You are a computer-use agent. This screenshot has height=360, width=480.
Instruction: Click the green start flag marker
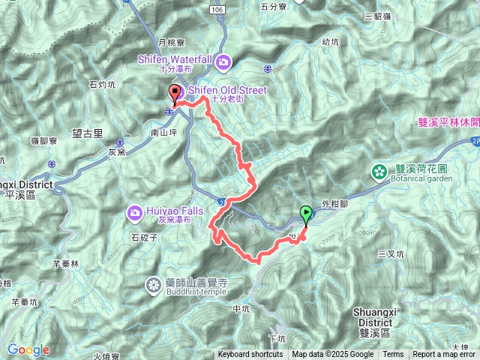coord(306,214)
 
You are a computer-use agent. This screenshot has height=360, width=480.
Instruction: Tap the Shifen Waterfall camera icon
coord(223,60)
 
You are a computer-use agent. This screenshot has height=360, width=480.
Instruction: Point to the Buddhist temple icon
coord(154,285)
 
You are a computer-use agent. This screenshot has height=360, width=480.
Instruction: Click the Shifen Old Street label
coord(226,90)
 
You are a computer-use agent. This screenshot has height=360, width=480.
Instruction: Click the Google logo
coord(28,349)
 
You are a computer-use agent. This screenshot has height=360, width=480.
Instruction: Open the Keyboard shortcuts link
coord(250,355)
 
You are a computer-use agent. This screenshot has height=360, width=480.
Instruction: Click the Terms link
coord(393,355)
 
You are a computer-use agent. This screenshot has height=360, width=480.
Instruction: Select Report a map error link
coord(444,355)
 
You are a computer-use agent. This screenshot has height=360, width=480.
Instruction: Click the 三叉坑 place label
coord(391,254)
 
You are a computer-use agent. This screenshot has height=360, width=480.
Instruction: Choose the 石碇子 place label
coord(142,238)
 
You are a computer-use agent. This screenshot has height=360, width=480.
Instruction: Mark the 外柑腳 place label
coord(334,202)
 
